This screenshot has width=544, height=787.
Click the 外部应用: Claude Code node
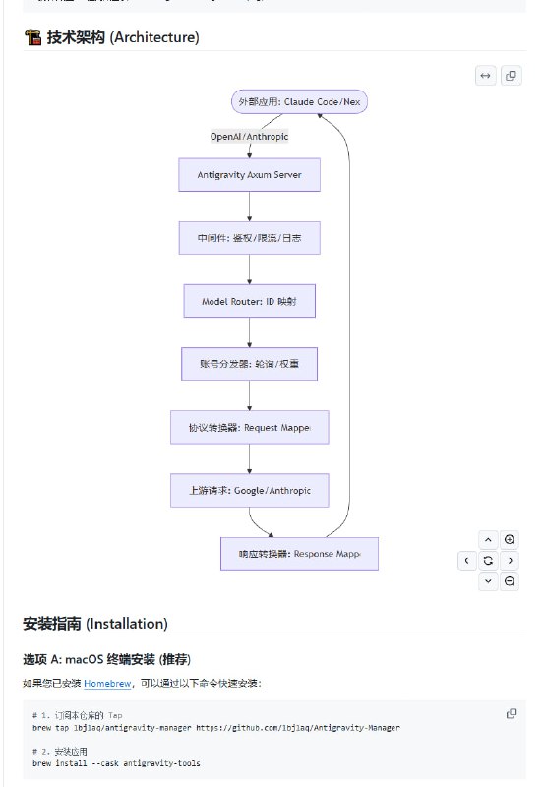point(299,101)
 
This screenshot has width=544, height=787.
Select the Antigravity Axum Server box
point(249,174)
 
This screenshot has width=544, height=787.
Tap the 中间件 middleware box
point(249,238)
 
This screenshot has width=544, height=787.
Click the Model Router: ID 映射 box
point(249,301)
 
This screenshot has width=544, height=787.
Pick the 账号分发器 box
point(249,364)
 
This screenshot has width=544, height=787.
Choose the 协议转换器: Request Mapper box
point(249,428)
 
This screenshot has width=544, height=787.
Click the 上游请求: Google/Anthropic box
point(249,490)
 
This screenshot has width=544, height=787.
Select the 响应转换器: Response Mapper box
point(299,554)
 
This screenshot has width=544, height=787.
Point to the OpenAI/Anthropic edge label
point(249,137)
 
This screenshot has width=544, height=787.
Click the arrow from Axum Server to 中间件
point(249,206)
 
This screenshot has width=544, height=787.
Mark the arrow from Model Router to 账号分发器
point(249,333)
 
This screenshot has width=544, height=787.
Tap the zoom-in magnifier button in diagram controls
point(510,539)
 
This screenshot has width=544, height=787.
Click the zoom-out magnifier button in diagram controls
point(510,581)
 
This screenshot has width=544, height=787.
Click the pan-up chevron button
point(488,539)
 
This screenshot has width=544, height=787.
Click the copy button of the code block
point(511,713)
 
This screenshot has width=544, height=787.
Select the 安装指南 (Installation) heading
point(95,623)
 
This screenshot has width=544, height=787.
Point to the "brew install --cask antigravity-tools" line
point(116,763)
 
